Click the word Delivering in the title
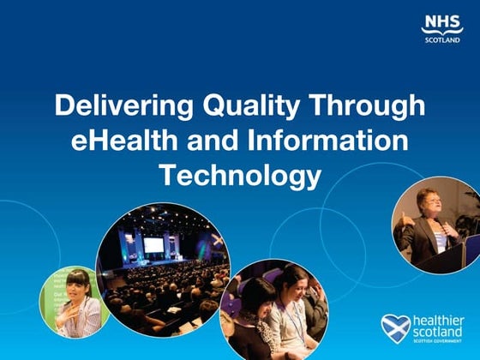pos(111,107)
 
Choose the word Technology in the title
pos(240,176)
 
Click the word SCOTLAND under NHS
pos(441,40)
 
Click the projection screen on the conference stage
pos(153,244)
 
